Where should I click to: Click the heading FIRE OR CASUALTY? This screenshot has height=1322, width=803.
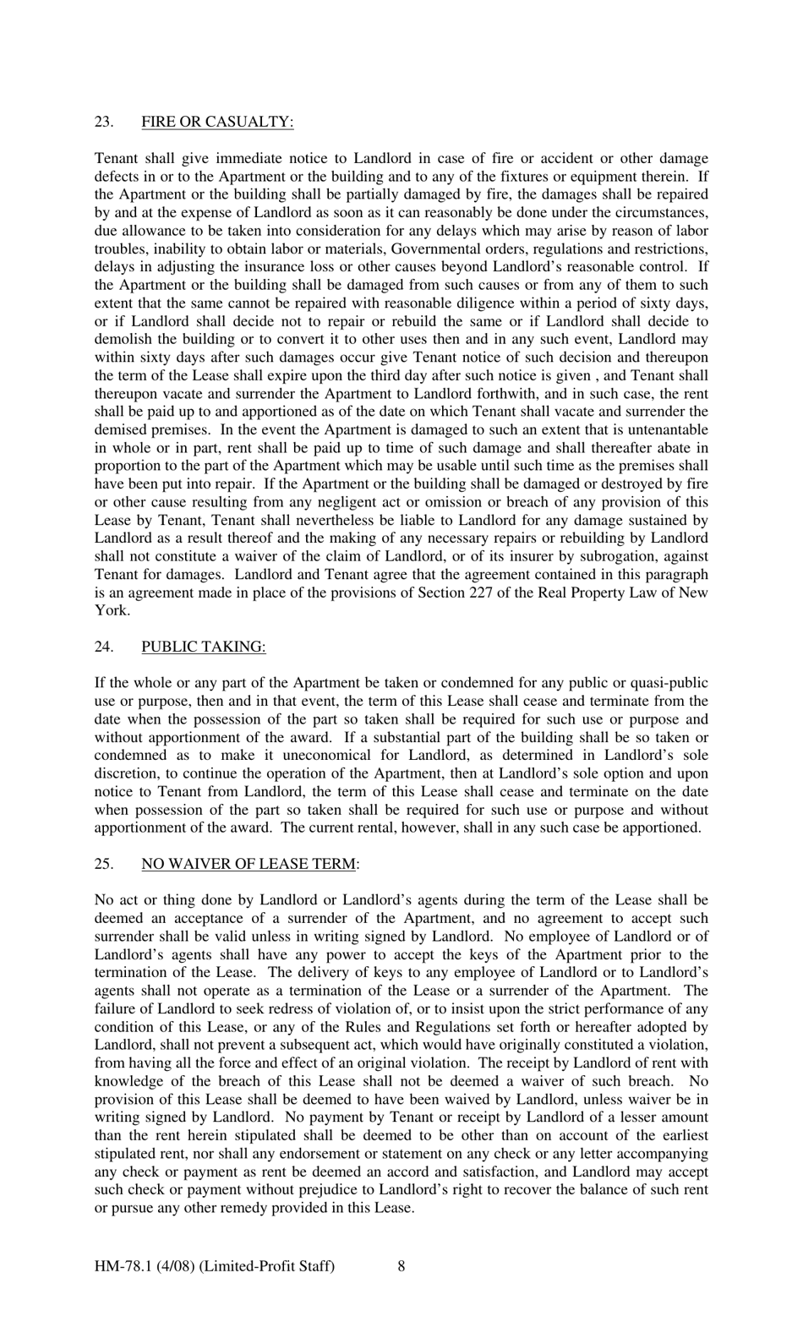[x=217, y=122]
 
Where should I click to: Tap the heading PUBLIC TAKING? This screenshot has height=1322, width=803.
[x=203, y=647]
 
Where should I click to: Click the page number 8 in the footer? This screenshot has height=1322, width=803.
[x=401, y=1265]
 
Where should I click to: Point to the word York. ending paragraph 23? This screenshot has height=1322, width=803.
[x=112, y=610]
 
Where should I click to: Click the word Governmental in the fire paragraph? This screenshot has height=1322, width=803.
[x=433, y=249]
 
